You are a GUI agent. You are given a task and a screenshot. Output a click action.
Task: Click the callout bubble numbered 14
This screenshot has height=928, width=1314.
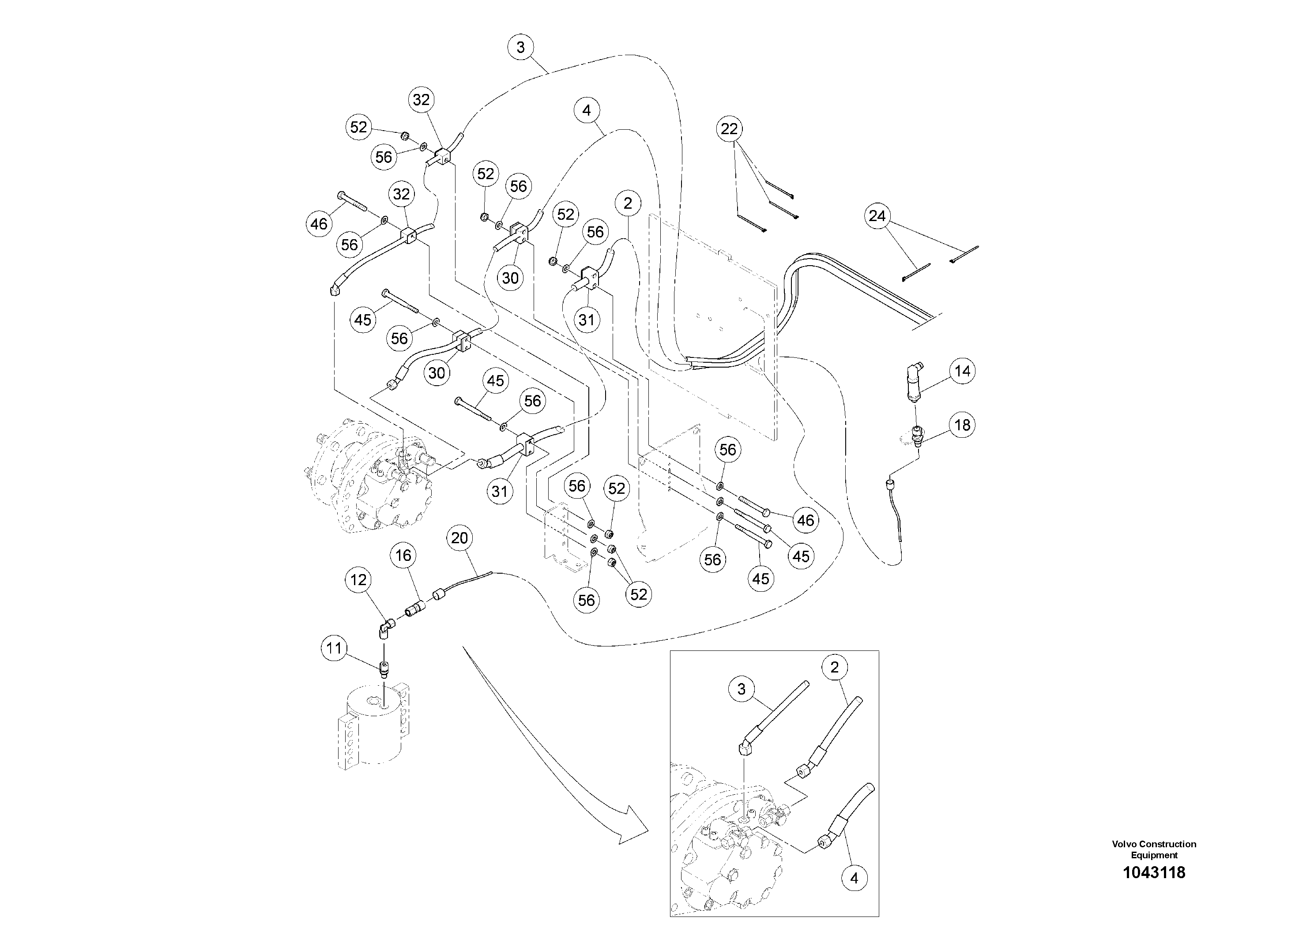(962, 371)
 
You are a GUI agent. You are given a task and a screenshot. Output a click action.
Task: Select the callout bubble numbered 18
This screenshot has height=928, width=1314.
(962, 425)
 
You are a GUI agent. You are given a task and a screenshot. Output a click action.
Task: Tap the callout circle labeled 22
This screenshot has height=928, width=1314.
(729, 129)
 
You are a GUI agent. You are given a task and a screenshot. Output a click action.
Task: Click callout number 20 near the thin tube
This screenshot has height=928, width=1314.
(459, 538)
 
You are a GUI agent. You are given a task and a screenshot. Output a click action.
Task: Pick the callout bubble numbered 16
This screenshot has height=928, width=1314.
(403, 555)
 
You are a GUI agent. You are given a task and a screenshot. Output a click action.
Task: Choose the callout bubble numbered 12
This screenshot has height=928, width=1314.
(358, 580)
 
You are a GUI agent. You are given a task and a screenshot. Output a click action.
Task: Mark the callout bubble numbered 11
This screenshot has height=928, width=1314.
(334, 648)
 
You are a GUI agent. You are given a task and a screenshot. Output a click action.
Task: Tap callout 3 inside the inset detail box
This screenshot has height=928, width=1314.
(742, 689)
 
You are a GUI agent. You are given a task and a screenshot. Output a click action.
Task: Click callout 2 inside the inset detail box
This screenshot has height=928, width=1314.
(834, 667)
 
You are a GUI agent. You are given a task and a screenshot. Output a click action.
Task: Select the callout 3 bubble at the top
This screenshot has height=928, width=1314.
(520, 47)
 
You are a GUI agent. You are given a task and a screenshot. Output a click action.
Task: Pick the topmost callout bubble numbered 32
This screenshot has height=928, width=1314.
(421, 100)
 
